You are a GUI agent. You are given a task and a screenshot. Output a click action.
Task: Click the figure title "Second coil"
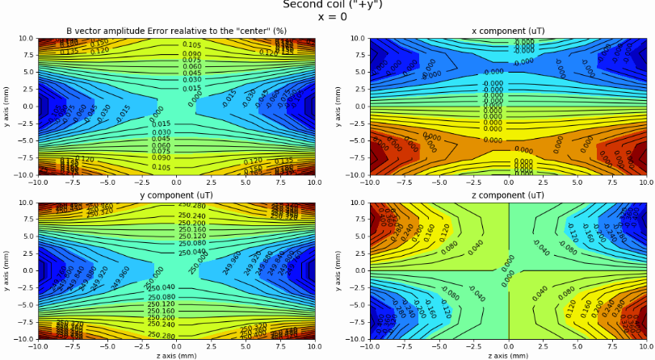tap(311, 4)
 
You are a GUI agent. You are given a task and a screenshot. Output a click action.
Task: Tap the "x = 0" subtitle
tap(333, 16)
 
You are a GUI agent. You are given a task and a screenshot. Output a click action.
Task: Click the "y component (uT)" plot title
tap(175, 195)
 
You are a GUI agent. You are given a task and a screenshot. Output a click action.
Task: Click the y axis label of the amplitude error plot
tap(6, 106)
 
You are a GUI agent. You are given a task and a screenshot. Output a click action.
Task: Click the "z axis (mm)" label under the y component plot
tap(175, 355)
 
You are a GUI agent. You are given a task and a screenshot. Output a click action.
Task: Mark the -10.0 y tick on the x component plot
tap(354, 174)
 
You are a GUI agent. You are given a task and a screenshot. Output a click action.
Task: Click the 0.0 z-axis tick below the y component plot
tap(175, 346)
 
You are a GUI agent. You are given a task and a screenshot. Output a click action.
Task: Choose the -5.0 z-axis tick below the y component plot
tap(106, 346)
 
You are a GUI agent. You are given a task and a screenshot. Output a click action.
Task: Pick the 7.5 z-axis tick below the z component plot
tap(612, 346)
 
